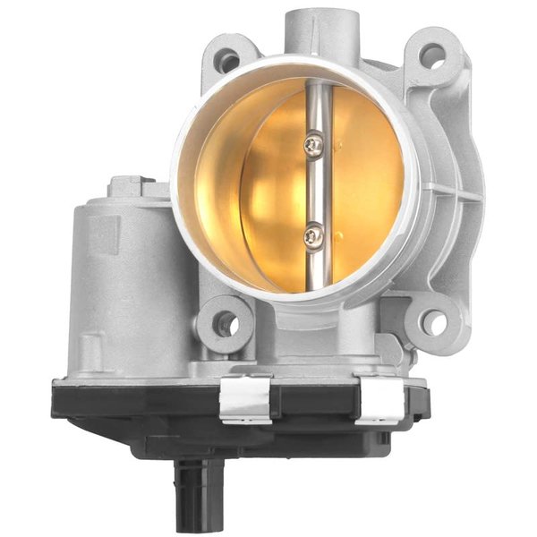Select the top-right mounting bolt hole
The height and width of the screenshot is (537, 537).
pyautogui.click(x=433, y=56)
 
